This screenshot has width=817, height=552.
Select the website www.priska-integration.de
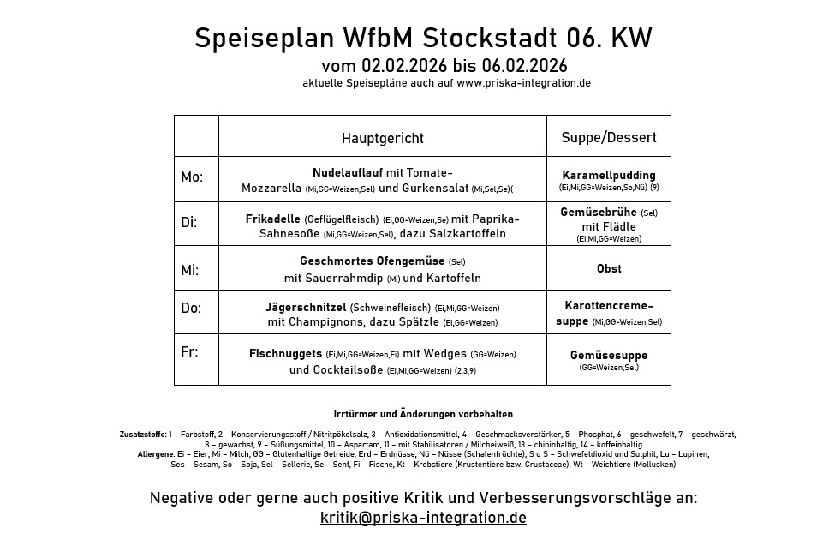[523, 83]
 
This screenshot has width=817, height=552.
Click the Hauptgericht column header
[382, 138]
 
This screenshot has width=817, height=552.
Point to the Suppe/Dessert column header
[609, 137]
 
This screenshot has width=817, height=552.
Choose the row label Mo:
[192, 177]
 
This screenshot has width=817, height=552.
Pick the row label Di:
[189, 223]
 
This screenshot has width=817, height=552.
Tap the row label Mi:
[189, 270]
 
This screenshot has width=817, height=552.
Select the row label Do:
[191, 309]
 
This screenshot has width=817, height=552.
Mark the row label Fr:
[188, 352]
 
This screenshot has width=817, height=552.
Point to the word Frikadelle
[272, 219]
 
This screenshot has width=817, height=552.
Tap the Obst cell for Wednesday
[609, 269]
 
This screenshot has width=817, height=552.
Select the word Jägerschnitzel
[306, 307]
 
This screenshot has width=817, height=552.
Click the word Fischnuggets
[285, 353]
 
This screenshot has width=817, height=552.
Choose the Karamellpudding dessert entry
[609, 175]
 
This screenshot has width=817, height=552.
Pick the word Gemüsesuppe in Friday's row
[609, 355]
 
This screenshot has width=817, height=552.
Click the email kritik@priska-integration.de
[423, 518]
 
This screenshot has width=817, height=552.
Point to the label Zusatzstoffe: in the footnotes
[143, 435]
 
